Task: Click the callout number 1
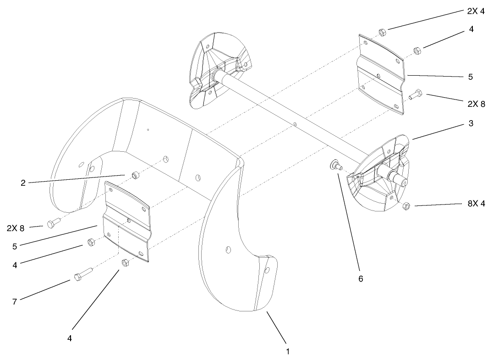287,352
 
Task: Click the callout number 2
23,182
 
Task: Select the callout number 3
471,124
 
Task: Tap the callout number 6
361,278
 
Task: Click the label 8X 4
475,203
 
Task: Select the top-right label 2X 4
475,11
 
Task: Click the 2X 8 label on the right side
476,104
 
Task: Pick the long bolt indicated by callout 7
82,274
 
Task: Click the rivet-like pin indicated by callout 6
335,166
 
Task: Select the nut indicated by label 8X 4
405,206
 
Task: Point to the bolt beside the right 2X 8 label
415,95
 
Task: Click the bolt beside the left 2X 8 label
53,224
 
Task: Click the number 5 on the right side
471,77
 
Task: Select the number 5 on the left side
15,246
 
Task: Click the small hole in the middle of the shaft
296,123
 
